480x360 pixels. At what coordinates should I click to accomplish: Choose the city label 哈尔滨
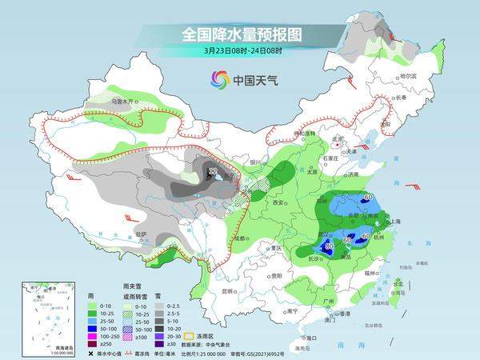coord(407,75)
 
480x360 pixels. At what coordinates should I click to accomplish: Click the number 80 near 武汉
coord(328,246)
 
